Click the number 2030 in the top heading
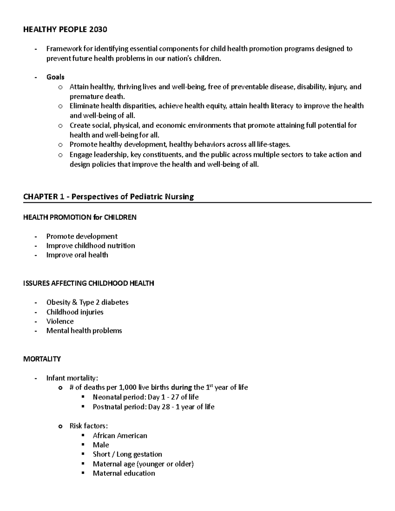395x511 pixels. [98, 30]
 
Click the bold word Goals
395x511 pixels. [55, 77]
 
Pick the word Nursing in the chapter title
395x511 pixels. [179, 197]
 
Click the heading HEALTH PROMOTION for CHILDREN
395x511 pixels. [80, 217]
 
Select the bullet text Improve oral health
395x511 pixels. [77, 255]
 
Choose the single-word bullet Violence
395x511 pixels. [60, 321]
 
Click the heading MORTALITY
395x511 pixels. [42, 359]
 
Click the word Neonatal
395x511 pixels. [106, 397]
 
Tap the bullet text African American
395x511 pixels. [120, 436]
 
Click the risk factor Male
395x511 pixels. [101, 445]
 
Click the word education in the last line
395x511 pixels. [140, 473]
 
